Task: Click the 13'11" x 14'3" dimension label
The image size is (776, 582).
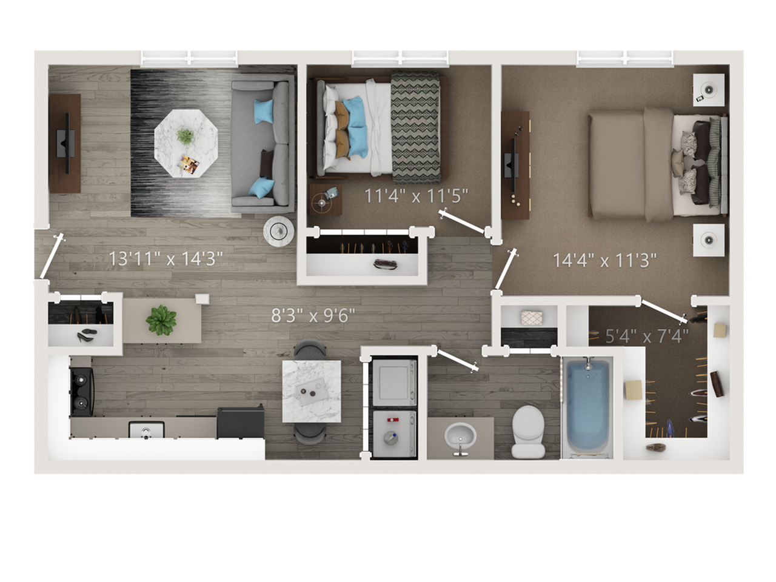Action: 166,259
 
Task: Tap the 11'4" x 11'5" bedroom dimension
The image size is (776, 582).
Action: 416,196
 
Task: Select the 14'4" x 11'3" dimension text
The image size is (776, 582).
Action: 604,261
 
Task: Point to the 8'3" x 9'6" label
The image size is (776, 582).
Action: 313,315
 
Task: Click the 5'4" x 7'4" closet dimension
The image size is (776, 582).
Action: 647,336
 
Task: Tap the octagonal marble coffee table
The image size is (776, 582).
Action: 186,143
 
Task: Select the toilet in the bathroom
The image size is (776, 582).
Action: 528,432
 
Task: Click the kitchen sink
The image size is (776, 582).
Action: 146,430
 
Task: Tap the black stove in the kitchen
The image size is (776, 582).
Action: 82,392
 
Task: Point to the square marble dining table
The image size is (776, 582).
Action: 312,391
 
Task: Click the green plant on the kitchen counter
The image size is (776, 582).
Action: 161,320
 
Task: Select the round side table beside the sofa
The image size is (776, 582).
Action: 279,231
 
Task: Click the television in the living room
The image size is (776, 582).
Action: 66,143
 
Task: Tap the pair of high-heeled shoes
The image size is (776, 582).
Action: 87,335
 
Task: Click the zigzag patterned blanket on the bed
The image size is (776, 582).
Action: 416,127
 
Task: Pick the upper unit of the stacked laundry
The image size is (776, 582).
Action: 394,383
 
